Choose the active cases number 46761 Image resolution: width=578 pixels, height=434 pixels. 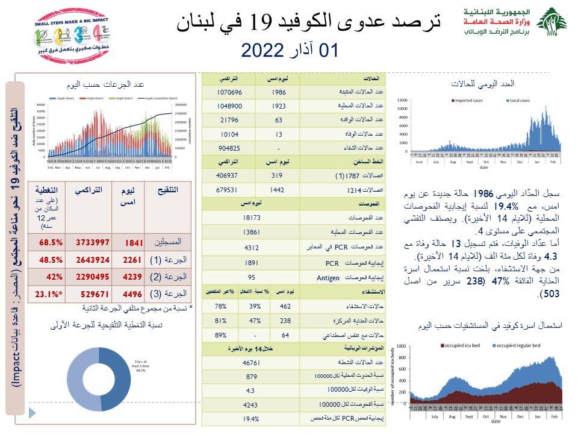(x=251, y=363)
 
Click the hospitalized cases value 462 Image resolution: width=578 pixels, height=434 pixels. (x=279, y=306)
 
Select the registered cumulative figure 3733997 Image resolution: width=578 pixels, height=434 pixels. (x=92, y=242)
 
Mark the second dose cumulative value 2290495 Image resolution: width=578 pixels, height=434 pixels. (x=92, y=277)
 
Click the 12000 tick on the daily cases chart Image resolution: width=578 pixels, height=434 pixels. (x=402, y=101)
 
